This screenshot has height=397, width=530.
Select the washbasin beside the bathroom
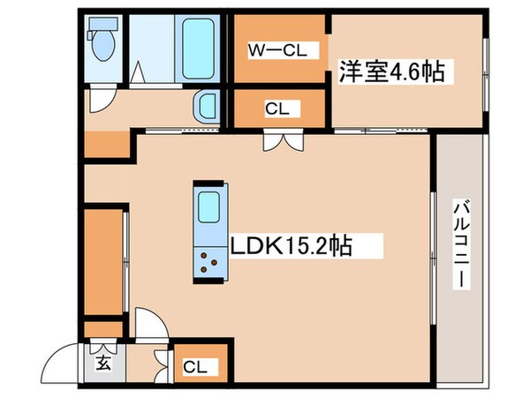click(x=206, y=109)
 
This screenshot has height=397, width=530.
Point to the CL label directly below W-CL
click(x=276, y=109)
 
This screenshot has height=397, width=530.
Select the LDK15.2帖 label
click(x=291, y=244)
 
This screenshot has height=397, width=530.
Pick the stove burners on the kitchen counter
click(x=209, y=259)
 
